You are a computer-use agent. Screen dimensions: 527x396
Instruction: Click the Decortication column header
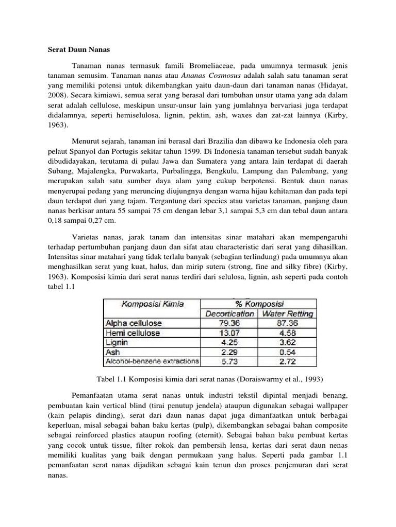point(229,313)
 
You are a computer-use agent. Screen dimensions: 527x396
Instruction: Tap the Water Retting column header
point(288,313)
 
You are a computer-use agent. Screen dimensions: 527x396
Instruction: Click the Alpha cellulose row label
point(133,323)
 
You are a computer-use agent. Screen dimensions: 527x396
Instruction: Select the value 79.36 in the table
point(230,323)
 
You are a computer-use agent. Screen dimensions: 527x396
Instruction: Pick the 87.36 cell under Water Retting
point(288,323)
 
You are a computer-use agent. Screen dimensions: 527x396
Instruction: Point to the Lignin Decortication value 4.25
point(230,342)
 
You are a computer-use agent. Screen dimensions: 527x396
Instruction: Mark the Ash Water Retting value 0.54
point(288,352)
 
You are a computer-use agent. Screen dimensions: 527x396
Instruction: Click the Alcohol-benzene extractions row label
point(152,361)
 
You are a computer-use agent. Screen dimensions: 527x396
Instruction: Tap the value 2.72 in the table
point(288,361)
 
